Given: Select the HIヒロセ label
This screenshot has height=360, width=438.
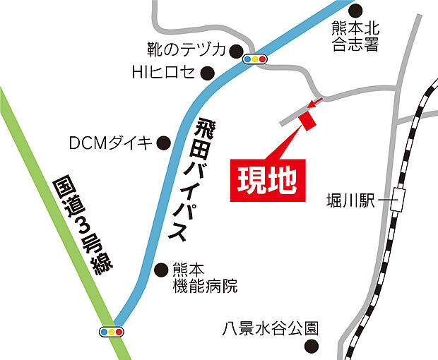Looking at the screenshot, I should (163, 72).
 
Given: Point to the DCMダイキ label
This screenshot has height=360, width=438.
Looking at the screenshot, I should (110, 143).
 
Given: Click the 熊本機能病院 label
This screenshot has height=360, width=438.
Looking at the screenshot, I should (205, 277).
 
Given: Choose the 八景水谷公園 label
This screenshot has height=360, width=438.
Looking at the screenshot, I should (269, 328).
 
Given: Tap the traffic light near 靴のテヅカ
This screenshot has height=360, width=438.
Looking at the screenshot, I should (255, 59).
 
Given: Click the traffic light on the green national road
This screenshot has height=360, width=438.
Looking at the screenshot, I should (112, 331).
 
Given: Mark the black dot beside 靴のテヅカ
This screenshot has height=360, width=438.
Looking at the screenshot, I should (235, 49).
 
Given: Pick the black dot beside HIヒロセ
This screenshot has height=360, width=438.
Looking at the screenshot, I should (208, 72).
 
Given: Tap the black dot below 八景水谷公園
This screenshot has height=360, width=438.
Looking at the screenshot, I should (310, 347).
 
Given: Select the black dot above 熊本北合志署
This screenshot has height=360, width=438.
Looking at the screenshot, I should (355, 10).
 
